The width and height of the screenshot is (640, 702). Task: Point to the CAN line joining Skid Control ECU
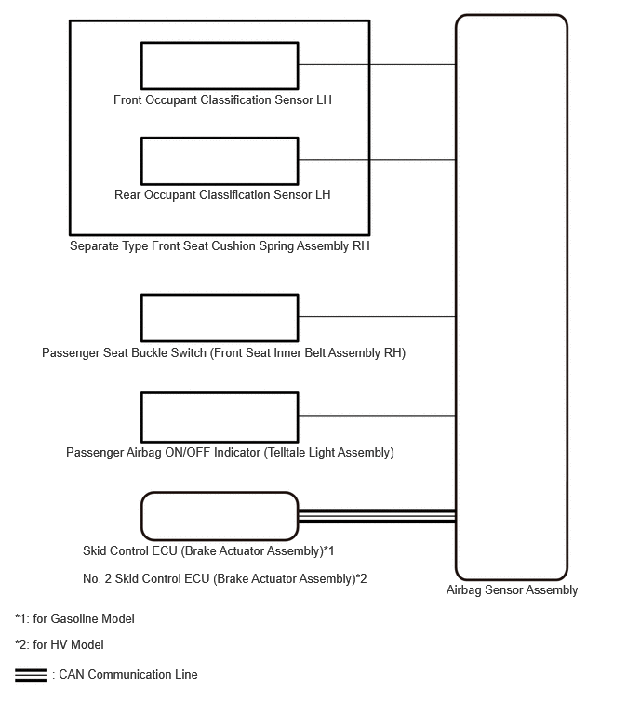pyautogui.click(x=377, y=516)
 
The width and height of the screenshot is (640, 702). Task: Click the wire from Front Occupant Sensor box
pyautogui.click(x=377, y=64)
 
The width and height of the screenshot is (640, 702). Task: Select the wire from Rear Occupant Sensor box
pyautogui.click(x=377, y=159)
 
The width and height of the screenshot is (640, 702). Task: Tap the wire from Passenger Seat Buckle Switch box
pyautogui.click(x=377, y=316)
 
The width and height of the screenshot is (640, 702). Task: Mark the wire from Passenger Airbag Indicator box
pyautogui.click(x=377, y=416)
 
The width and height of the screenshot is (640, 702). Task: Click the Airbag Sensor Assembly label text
pyautogui.click(x=512, y=590)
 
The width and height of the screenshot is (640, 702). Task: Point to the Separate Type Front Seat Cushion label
pyautogui.click(x=220, y=245)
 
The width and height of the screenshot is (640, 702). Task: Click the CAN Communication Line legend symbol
pyautogui.click(x=31, y=675)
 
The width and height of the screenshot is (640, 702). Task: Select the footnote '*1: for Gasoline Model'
pyautogui.click(x=74, y=618)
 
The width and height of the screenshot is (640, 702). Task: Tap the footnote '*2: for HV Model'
pyautogui.click(x=60, y=644)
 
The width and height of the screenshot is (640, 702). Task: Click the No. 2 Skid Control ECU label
pyautogui.click(x=225, y=579)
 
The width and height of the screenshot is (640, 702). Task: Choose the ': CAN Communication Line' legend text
pyautogui.click(x=125, y=675)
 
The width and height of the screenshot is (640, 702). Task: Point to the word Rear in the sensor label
pyautogui.click(x=127, y=194)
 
